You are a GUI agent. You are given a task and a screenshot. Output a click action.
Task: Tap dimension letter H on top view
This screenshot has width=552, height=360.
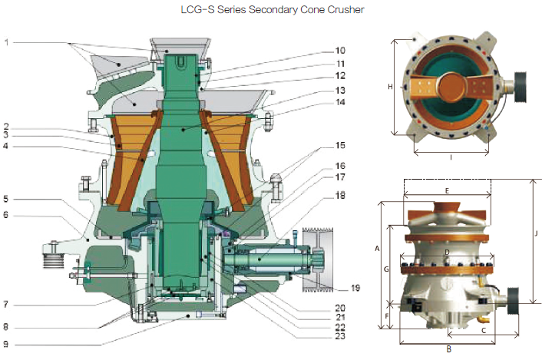390,88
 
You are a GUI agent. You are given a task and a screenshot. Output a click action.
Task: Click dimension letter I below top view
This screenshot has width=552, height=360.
450,157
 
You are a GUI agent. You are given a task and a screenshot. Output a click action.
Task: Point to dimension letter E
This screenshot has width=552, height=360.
446,187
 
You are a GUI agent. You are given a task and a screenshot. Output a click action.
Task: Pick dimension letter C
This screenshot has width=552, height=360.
482,329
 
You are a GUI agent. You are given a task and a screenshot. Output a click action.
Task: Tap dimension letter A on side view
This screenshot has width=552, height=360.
376,249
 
